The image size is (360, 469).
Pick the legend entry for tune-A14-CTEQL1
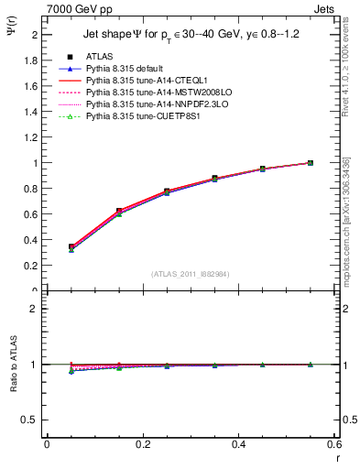click(145, 81)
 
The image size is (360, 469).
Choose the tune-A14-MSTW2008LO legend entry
click(152, 93)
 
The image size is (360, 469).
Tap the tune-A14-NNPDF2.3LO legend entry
click(153, 104)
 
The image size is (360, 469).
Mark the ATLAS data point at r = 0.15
click(119, 211)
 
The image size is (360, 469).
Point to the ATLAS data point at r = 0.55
click(310, 163)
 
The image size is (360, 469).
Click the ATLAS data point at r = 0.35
click(214, 179)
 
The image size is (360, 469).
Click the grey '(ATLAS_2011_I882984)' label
click(190, 274)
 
